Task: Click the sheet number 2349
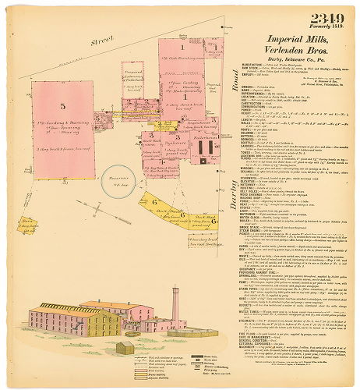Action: coord(329,18)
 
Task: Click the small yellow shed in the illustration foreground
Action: coord(125,347)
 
